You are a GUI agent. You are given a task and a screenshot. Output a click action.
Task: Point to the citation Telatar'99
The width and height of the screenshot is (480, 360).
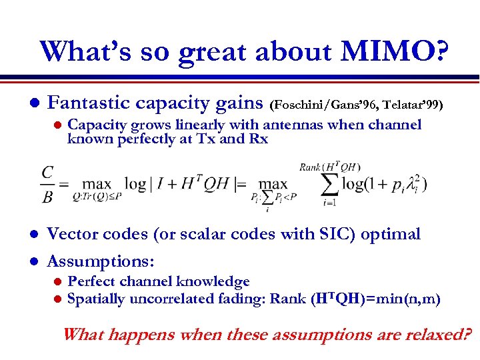(x=411, y=105)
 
